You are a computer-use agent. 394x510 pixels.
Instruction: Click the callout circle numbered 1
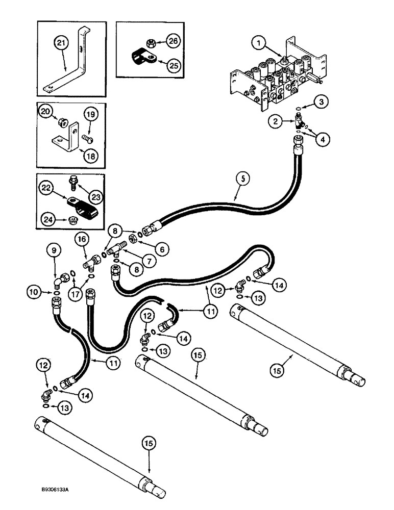(260, 44)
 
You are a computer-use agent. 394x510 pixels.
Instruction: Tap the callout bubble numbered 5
(244, 179)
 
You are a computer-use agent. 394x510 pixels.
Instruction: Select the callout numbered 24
(46, 220)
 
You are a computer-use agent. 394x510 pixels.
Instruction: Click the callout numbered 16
(81, 238)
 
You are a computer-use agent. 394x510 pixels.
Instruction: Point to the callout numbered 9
(55, 251)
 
